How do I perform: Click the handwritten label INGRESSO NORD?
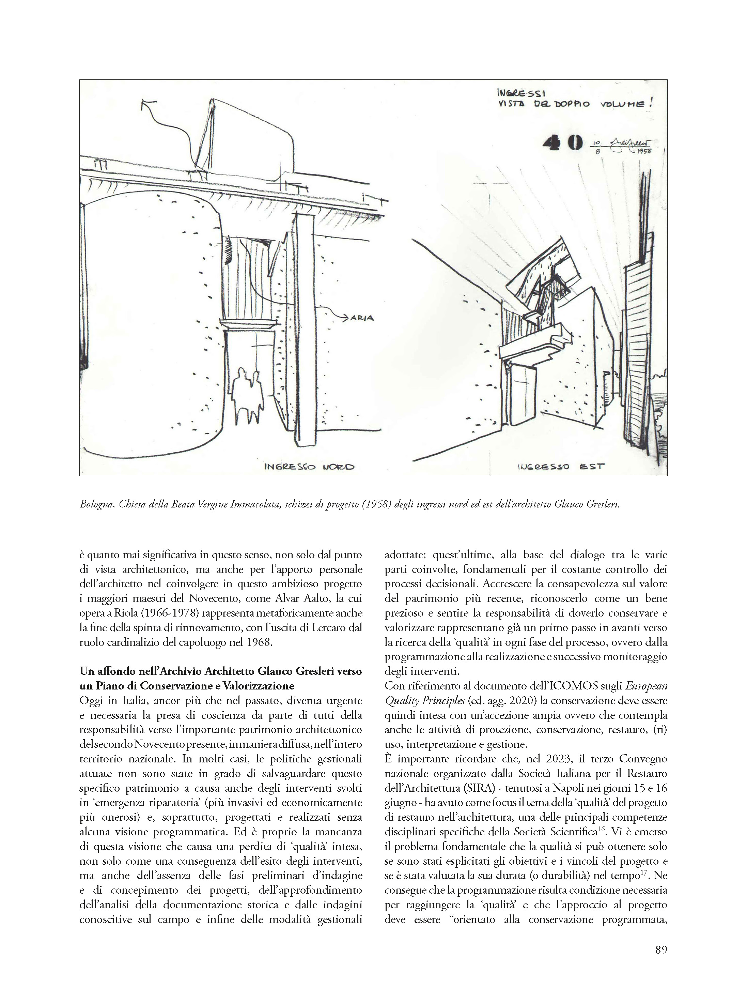click(309, 467)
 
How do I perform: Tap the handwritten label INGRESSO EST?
click(561, 466)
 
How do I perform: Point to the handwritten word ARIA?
click(362, 318)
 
